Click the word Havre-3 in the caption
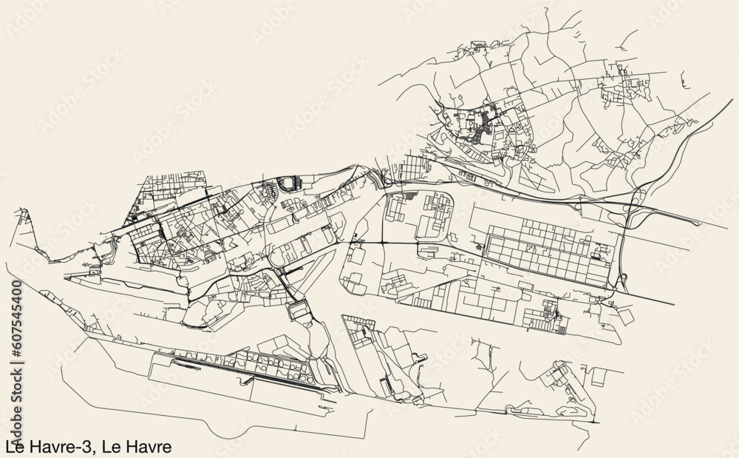(62, 447)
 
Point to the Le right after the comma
(112, 447)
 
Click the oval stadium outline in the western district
(288, 181)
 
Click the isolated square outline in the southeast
(598, 377)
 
